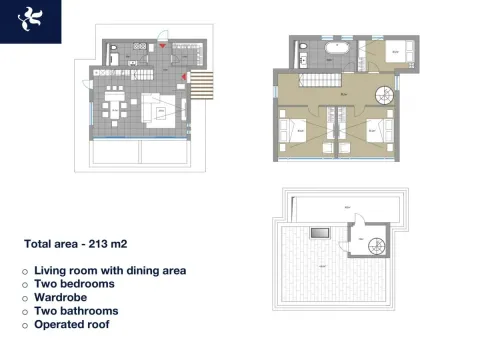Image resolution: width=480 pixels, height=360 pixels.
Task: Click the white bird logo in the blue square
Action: (x=31, y=19)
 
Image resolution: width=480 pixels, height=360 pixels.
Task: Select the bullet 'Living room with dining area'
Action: (x=110, y=270)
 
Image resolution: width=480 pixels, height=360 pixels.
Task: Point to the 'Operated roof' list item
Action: (x=74, y=324)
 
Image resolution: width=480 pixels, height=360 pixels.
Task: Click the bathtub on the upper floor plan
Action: (x=338, y=48)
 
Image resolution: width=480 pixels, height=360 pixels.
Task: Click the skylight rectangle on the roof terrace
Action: (x=319, y=233)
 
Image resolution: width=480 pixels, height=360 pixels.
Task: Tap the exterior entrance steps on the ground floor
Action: (x=203, y=86)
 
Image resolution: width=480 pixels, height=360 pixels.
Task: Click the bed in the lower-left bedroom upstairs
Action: (x=297, y=130)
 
